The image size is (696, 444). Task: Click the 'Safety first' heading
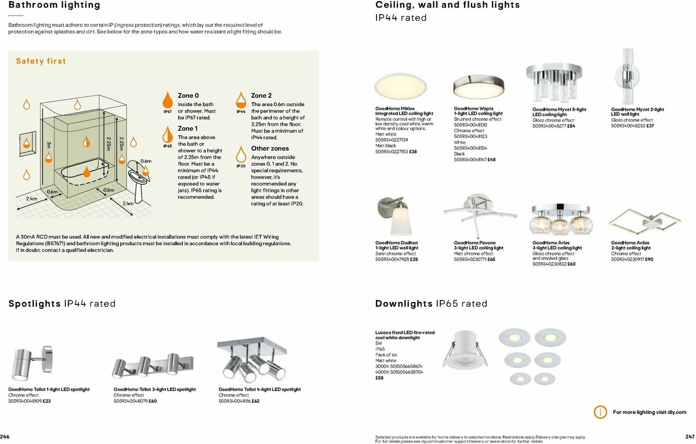pos(41,61)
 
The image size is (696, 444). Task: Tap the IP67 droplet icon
pos(167,99)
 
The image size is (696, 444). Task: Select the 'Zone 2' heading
pos(261,95)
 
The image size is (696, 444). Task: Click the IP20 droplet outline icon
pos(241,154)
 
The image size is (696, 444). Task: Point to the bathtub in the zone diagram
pos(82,172)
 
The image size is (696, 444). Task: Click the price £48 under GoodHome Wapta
pos(491,159)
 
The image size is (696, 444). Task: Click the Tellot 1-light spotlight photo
pos(29,362)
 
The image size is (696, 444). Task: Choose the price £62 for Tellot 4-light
pos(255,401)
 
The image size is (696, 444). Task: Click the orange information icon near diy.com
pos(600,412)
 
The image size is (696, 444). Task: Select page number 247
pos(689,436)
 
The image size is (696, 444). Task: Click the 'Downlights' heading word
pos(404,304)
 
